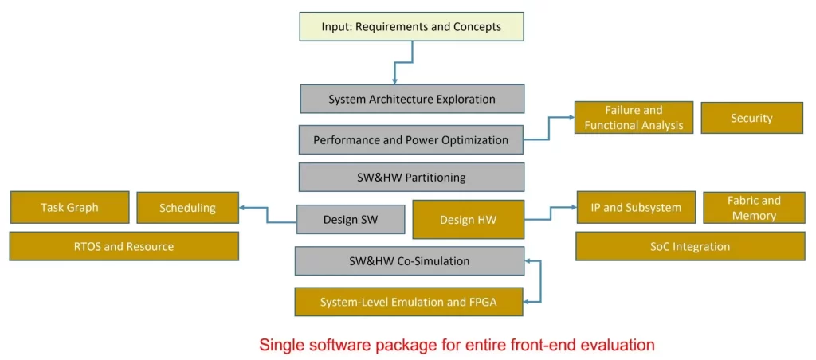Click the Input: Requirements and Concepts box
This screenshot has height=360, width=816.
tap(411, 27)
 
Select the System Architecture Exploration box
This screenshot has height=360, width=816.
tap(412, 100)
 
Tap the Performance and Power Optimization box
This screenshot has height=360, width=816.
tap(410, 140)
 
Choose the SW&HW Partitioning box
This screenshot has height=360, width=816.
tap(411, 178)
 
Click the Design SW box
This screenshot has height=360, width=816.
tap(350, 220)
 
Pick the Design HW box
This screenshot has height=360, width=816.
tap(468, 220)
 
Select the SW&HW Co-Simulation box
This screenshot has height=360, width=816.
tap(409, 261)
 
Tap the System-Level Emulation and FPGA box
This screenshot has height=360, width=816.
tap(409, 302)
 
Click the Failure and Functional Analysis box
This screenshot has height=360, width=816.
tap(634, 118)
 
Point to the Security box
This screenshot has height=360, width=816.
tap(751, 118)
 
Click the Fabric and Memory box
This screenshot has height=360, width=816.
tap(753, 208)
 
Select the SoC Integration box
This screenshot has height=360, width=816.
tap(689, 247)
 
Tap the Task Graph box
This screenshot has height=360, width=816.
tap(69, 208)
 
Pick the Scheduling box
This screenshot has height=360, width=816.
tap(187, 208)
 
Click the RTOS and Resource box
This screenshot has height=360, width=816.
tap(124, 247)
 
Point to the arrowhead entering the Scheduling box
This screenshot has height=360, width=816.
tap(243, 208)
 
